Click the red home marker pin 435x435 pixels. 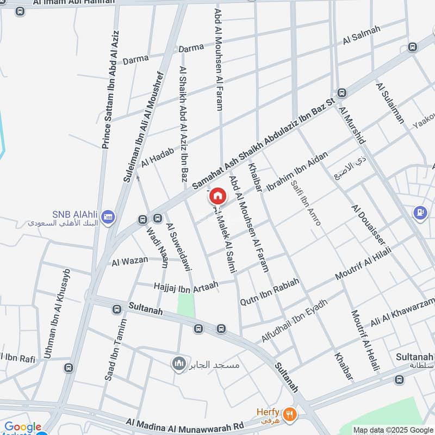tap(217, 196)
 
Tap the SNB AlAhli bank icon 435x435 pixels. tap(108, 216)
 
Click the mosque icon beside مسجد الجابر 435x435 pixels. tap(178, 364)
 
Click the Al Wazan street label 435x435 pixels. tap(129, 261)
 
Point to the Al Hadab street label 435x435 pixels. tap(157, 157)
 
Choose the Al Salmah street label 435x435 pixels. tap(362, 35)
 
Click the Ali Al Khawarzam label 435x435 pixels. tap(403, 311)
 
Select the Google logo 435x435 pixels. tap(23, 427)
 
